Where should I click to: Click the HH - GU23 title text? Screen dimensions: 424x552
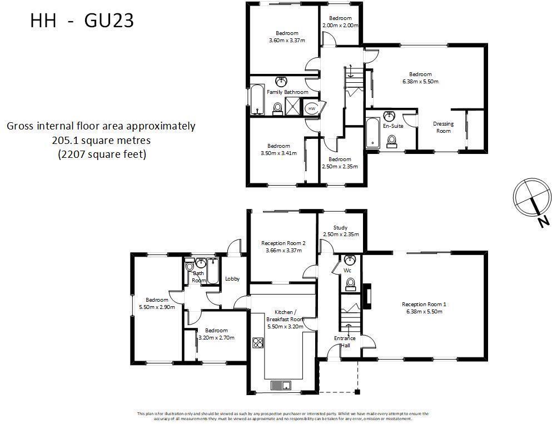[82, 21]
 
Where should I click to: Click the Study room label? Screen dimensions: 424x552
[340, 228]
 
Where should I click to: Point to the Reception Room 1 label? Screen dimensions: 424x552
[424, 304]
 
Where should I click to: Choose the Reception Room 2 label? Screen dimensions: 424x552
[284, 243]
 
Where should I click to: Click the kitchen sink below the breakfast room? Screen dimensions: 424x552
[281, 385]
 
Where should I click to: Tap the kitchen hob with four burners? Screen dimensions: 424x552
[258, 342]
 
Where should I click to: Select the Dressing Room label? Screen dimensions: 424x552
[444, 127]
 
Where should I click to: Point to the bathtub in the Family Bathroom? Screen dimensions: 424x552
[257, 100]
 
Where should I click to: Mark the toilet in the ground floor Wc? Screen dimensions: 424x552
[350, 284]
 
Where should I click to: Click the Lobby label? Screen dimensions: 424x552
[232, 279]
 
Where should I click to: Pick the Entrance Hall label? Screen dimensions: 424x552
[342, 342]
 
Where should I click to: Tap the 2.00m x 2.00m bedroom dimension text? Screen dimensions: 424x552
[340, 26]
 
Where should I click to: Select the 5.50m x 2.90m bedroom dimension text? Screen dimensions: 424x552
[157, 307]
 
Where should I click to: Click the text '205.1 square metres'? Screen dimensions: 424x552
[101, 141]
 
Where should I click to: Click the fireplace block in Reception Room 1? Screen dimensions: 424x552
[367, 296]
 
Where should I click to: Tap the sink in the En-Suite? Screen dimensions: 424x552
[389, 117]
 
